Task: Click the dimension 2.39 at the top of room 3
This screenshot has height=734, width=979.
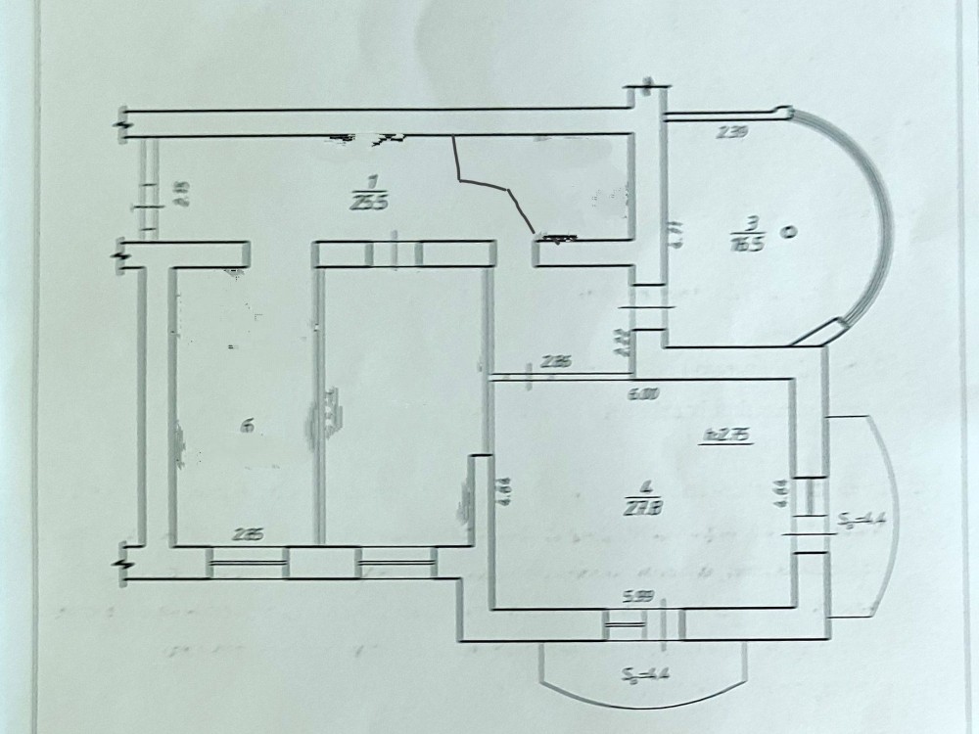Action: click(732, 134)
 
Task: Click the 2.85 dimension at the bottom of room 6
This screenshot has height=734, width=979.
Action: click(248, 534)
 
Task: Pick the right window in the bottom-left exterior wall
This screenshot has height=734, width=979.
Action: click(396, 562)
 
